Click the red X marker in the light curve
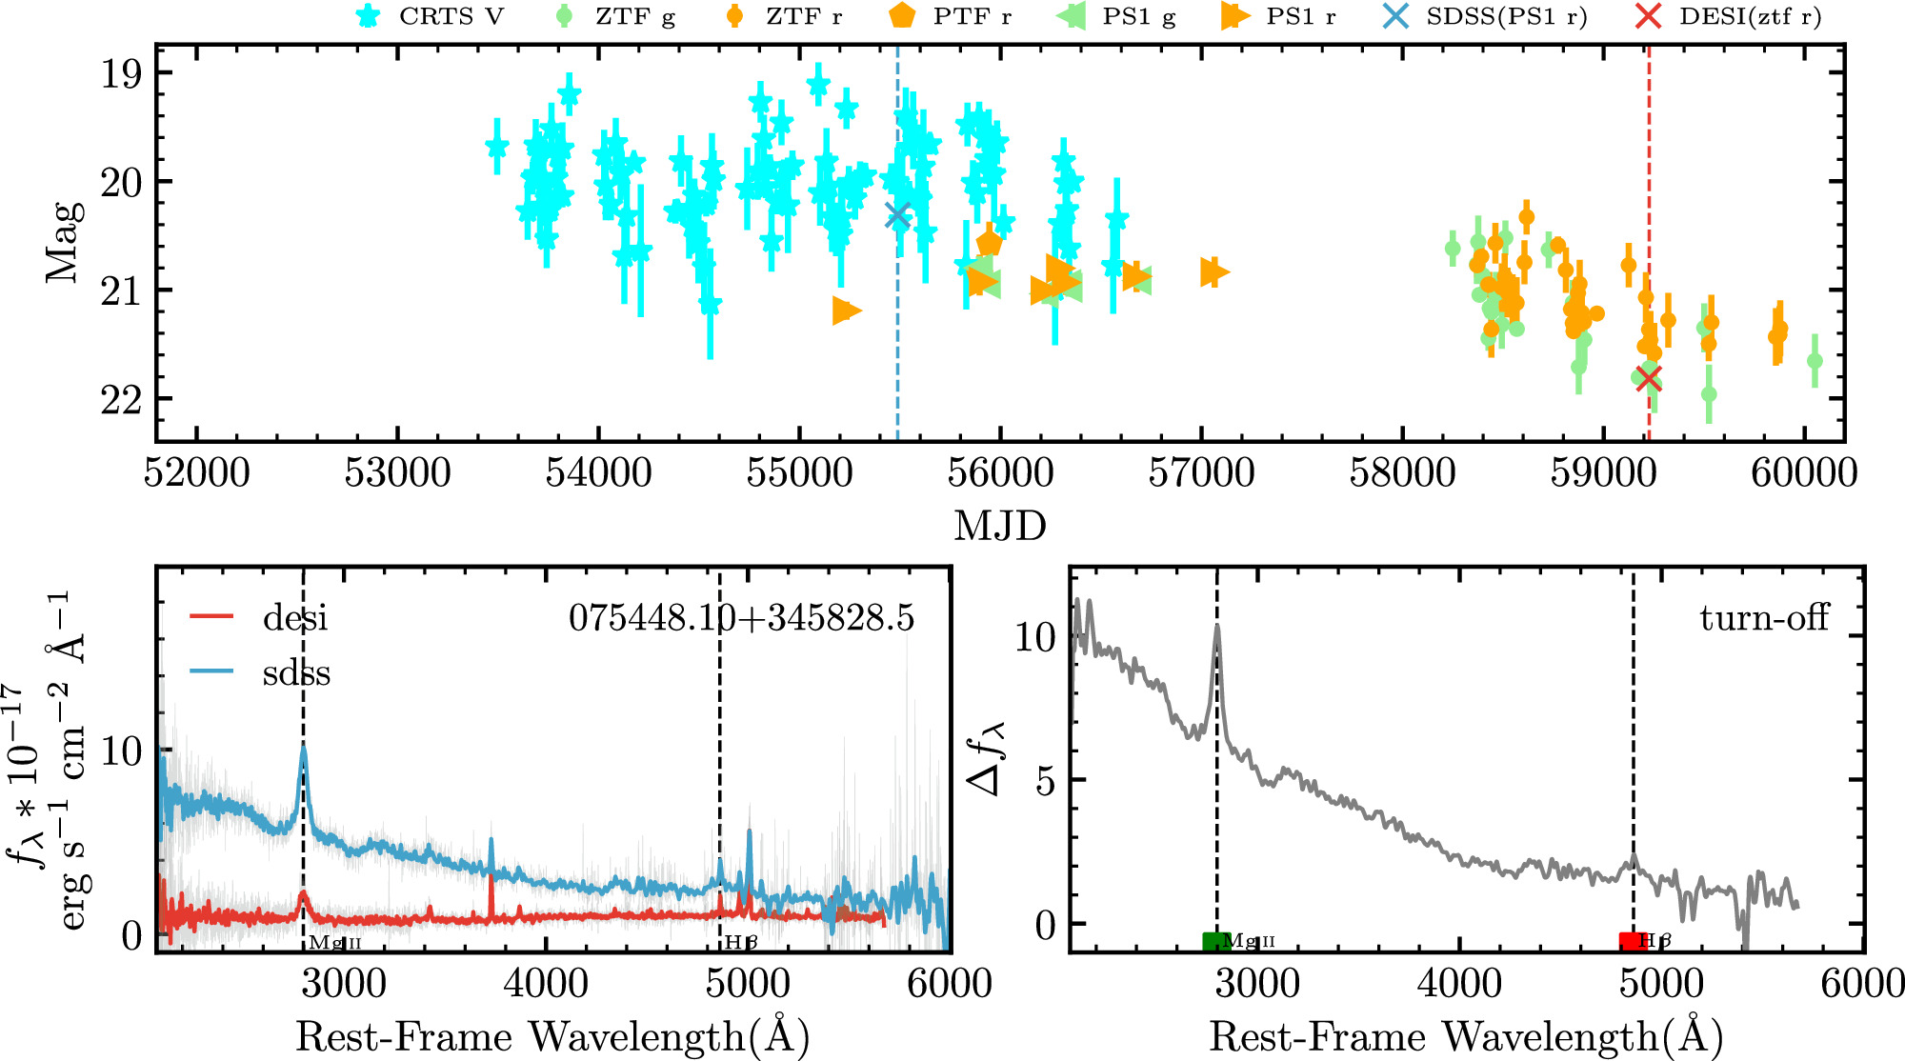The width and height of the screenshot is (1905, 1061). [1649, 378]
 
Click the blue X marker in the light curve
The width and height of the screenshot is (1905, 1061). [897, 216]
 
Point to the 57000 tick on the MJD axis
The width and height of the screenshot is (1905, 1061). [1201, 473]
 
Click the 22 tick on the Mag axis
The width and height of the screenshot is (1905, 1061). [121, 399]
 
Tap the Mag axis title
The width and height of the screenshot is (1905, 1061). [63, 242]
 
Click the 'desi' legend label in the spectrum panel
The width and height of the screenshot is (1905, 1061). [295, 618]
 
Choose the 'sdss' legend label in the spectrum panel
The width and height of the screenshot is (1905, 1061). [296, 673]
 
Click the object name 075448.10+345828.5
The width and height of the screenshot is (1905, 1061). [741, 618]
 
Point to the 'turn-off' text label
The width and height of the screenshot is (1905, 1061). [1764, 618]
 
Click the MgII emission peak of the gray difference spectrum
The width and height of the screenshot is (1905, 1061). [1217, 629]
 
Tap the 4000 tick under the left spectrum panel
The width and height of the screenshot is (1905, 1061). [545, 984]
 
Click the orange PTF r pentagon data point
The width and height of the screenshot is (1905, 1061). [989, 243]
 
